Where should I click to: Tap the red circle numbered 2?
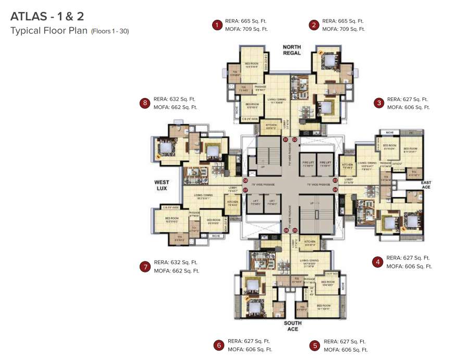pyautogui.click(x=314, y=24)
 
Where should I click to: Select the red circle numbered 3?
pyautogui.click(x=379, y=103)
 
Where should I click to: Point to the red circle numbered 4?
pyautogui.click(x=378, y=262)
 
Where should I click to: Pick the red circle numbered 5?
pyautogui.click(x=314, y=345)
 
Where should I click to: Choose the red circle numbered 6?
pyautogui.click(x=219, y=345)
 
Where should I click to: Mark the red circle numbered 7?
pyautogui.click(x=145, y=266)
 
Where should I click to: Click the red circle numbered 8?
pyautogui.click(x=145, y=103)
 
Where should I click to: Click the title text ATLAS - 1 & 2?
pyautogui.click(x=46, y=17)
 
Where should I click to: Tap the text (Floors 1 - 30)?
pyautogui.click(x=110, y=31)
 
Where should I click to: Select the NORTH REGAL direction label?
pyautogui.click(x=292, y=50)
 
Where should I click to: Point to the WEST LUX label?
pyautogui.click(x=162, y=185)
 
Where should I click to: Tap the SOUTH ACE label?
pyautogui.click(x=292, y=326)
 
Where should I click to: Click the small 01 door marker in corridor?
pyautogui.click(x=286, y=140)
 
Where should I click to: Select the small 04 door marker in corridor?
pyautogui.click(x=335, y=190)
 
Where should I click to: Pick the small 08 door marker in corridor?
pyautogui.click(x=245, y=180)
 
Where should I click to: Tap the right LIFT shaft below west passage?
pyautogui.click(x=271, y=203)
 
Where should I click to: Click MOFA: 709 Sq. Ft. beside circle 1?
pyautogui.click(x=246, y=29)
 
